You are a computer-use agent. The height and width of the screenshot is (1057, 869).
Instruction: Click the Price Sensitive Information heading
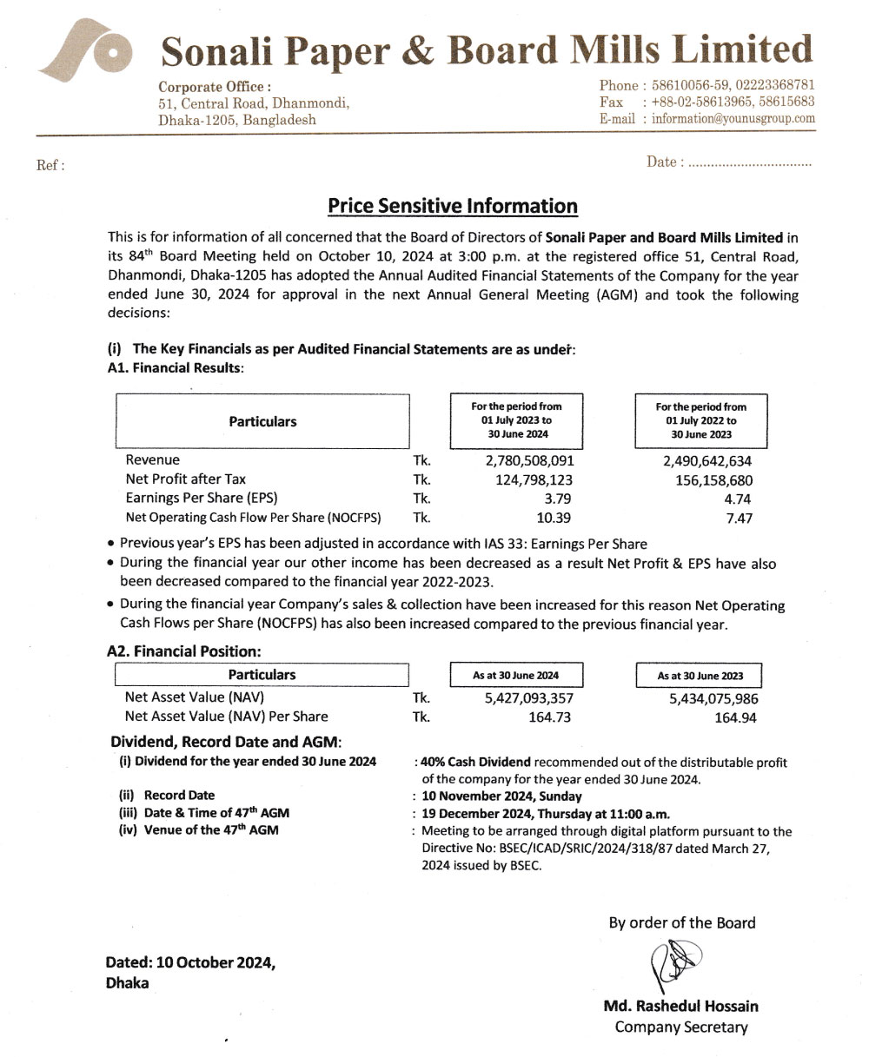452,206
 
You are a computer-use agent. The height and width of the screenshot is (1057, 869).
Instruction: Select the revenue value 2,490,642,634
706,461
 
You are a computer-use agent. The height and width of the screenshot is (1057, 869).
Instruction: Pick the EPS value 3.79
557,499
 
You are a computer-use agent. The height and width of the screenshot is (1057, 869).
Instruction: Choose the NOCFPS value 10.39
554,518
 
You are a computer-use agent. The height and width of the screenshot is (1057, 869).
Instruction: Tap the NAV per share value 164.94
735,717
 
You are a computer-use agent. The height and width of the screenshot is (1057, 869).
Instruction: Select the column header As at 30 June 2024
515,675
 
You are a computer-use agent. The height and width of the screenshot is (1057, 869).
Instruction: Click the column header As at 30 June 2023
700,676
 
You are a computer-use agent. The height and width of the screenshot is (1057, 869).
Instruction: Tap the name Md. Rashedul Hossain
680,1007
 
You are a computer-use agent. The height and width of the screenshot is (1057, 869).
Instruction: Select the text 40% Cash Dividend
475,762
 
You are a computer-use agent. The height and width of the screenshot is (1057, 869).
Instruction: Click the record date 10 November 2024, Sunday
501,796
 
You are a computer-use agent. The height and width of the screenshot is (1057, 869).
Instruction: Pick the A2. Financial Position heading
183,650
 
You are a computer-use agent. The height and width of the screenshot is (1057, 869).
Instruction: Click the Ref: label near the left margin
50,165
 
